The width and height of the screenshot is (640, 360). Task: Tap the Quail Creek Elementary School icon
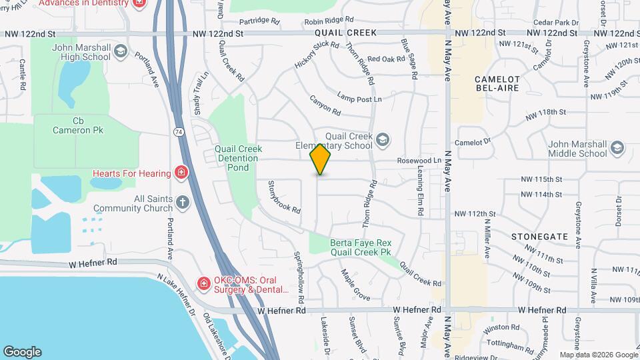coord(383,139)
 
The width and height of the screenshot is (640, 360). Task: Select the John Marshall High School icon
coord(120,51)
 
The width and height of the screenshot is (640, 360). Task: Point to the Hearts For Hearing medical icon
coord(181,174)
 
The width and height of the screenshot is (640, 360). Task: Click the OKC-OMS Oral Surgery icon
coord(203,284)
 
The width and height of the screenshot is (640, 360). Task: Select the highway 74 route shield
coord(179,132)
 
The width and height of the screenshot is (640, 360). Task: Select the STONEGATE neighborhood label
coord(539,236)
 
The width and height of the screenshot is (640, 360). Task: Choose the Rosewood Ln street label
coord(419,161)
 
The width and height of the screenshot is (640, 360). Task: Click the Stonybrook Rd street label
coord(285,197)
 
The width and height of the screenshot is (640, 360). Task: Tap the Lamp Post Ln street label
coord(359,98)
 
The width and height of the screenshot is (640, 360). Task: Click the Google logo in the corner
coord(22,352)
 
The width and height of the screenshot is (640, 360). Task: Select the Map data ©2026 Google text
coord(598,355)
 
